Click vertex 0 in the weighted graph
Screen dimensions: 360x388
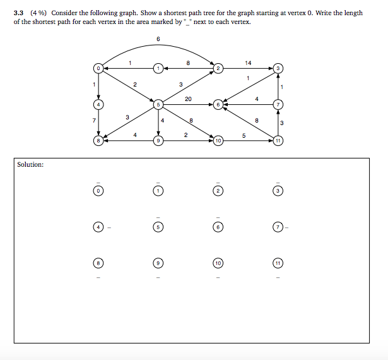[98, 68]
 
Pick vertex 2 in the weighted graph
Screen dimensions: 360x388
[218, 68]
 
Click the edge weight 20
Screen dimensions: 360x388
[188, 99]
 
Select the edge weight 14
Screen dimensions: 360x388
[248, 63]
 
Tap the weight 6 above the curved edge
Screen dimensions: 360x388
[158, 40]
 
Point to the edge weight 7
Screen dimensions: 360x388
[93, 119]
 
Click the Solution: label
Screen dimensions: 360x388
[30, 165]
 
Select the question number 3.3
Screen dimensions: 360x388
[19, 13]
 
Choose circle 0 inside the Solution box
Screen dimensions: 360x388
[98, 190]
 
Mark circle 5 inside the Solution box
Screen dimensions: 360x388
[158, 226]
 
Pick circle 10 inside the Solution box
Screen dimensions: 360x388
[218, 262]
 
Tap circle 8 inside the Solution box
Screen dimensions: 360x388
[98, 262]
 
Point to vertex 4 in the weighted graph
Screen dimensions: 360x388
[98, 104]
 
